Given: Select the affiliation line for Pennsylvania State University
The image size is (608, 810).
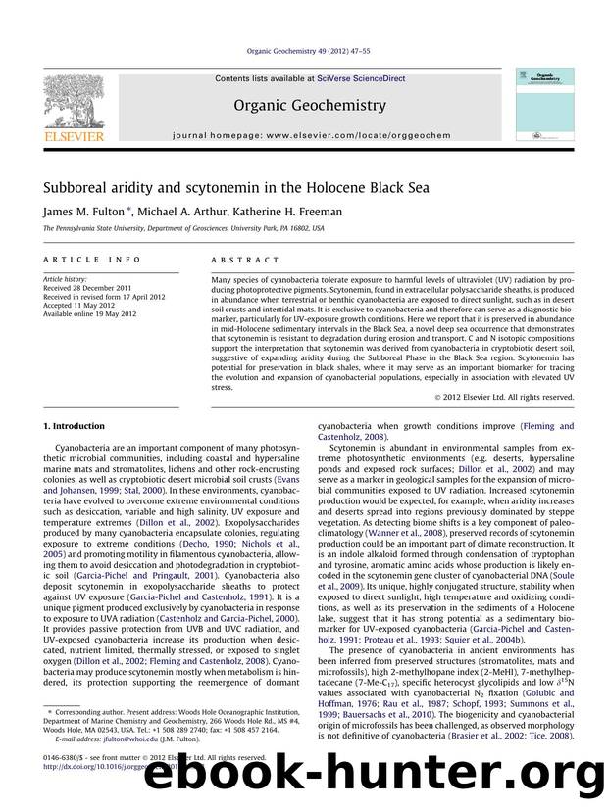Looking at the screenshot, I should pyautogui.click(x=182, y=228).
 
